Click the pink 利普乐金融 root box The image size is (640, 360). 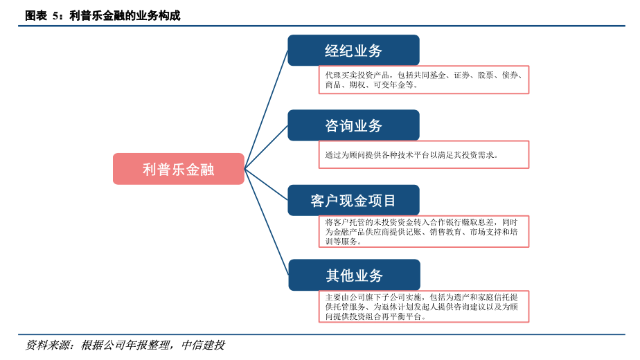click(x=178, y=169)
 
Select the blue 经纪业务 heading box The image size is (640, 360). click(x=353, y=51)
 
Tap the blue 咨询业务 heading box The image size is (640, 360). click(x=353, y=125)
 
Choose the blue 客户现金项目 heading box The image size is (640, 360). click(x=353, y=201)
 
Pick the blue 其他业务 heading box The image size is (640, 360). click(x=353, y=276)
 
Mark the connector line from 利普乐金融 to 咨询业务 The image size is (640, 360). click(x=267, y=146)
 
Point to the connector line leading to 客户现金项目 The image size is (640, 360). click(x=267, y=184)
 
